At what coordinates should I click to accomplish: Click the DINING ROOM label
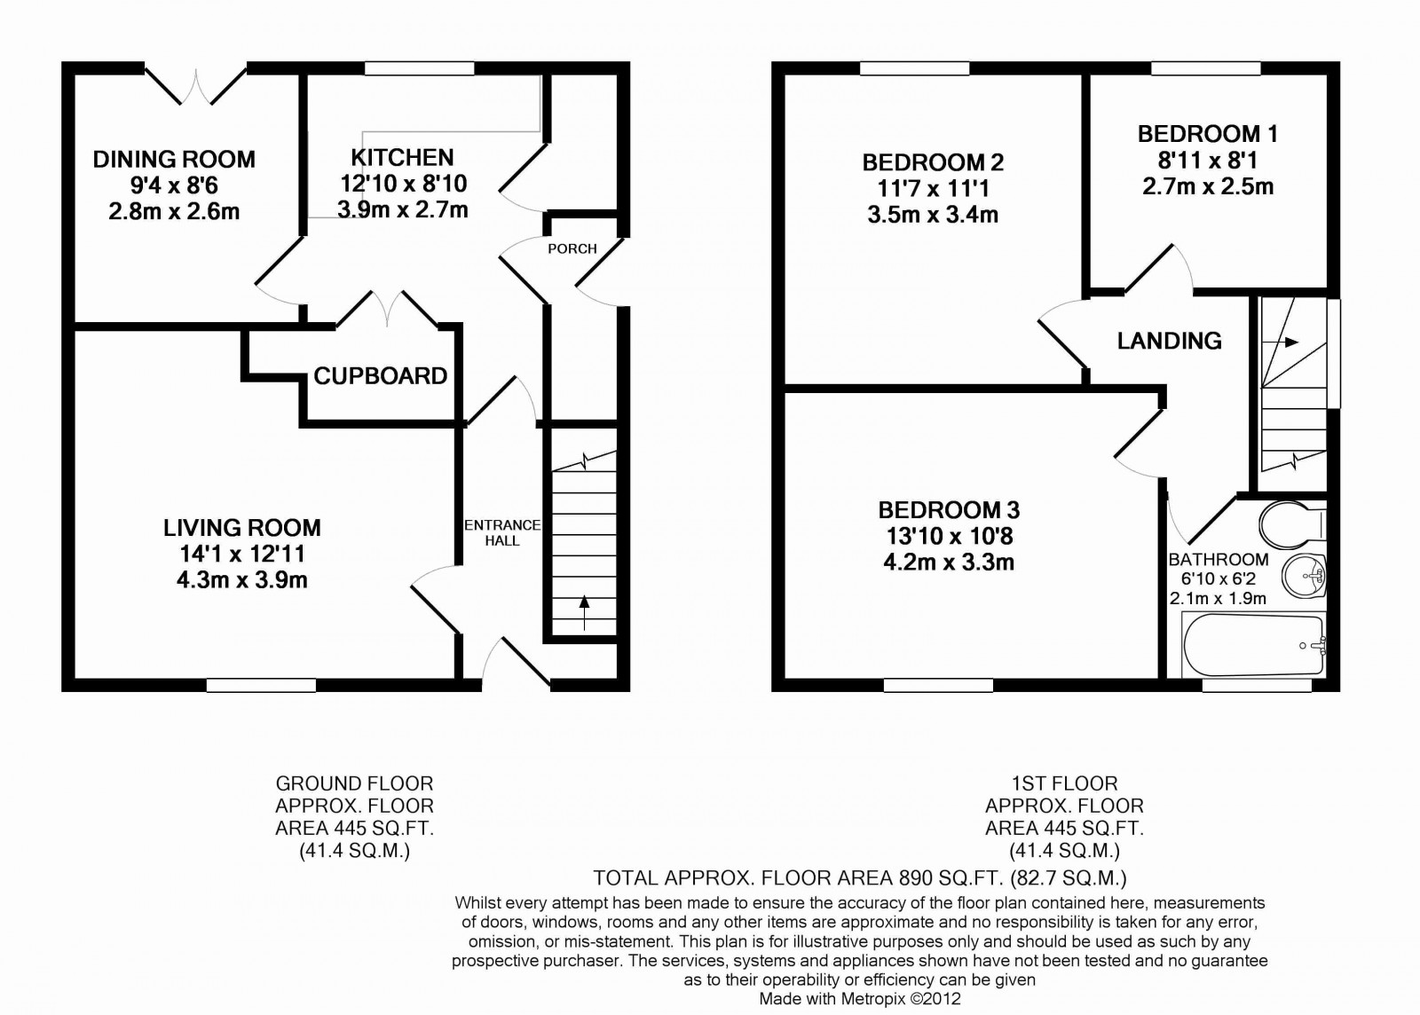pyautogui.click(x=174, y=160)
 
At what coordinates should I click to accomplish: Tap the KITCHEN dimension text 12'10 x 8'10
pyautogui.click(x=403, y=184)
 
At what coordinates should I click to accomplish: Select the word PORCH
pyautogui.click(x=572, y=248)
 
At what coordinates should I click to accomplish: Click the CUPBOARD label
pyautogui.click(x=380, y=376)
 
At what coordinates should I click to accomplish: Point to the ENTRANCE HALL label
pyautogui.click(x=502, y=532)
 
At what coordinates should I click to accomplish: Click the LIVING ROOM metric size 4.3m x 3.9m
pyautogui.click(x=241, y=580)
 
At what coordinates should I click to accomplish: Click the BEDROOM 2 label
pyautogui.click(x=933, y=162)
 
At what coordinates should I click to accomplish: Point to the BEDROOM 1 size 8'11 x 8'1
pyautogui.click(x=1207, y=161)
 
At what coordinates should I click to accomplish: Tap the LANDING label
pyautogui.click(x=1169, y=341)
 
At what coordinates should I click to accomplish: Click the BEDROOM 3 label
pyautogui.click(x=949, y=510)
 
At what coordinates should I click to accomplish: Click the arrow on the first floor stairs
pyautogui.click(x=1287, y=342)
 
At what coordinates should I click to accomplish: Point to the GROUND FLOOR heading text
pyautogui.click(x=354, y=783)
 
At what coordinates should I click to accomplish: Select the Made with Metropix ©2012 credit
pyautogui.click(x=860, y=999)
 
